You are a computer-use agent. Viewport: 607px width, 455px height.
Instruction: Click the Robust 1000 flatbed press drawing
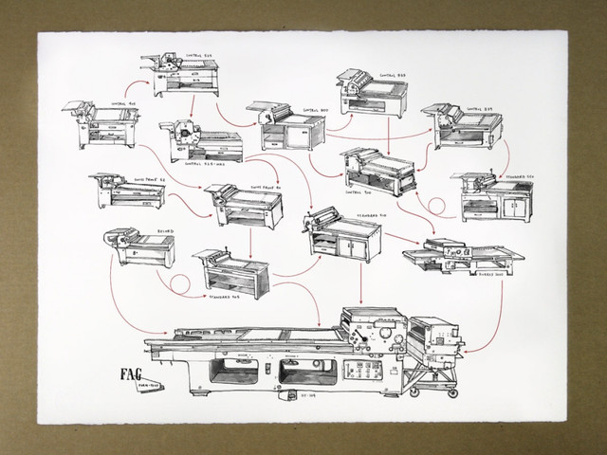click(453, 252)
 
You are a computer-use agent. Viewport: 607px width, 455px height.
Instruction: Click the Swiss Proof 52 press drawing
click(126, 192)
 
